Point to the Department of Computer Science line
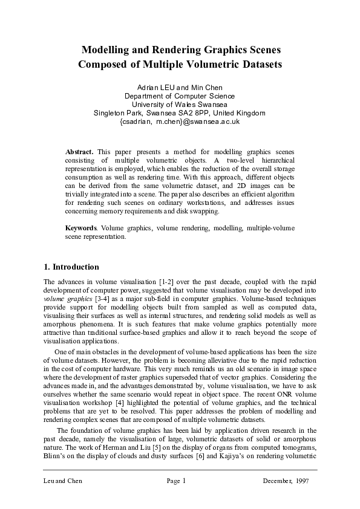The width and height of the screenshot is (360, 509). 180,96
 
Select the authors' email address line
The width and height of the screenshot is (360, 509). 180,121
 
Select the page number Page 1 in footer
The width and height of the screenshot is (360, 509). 175,481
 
